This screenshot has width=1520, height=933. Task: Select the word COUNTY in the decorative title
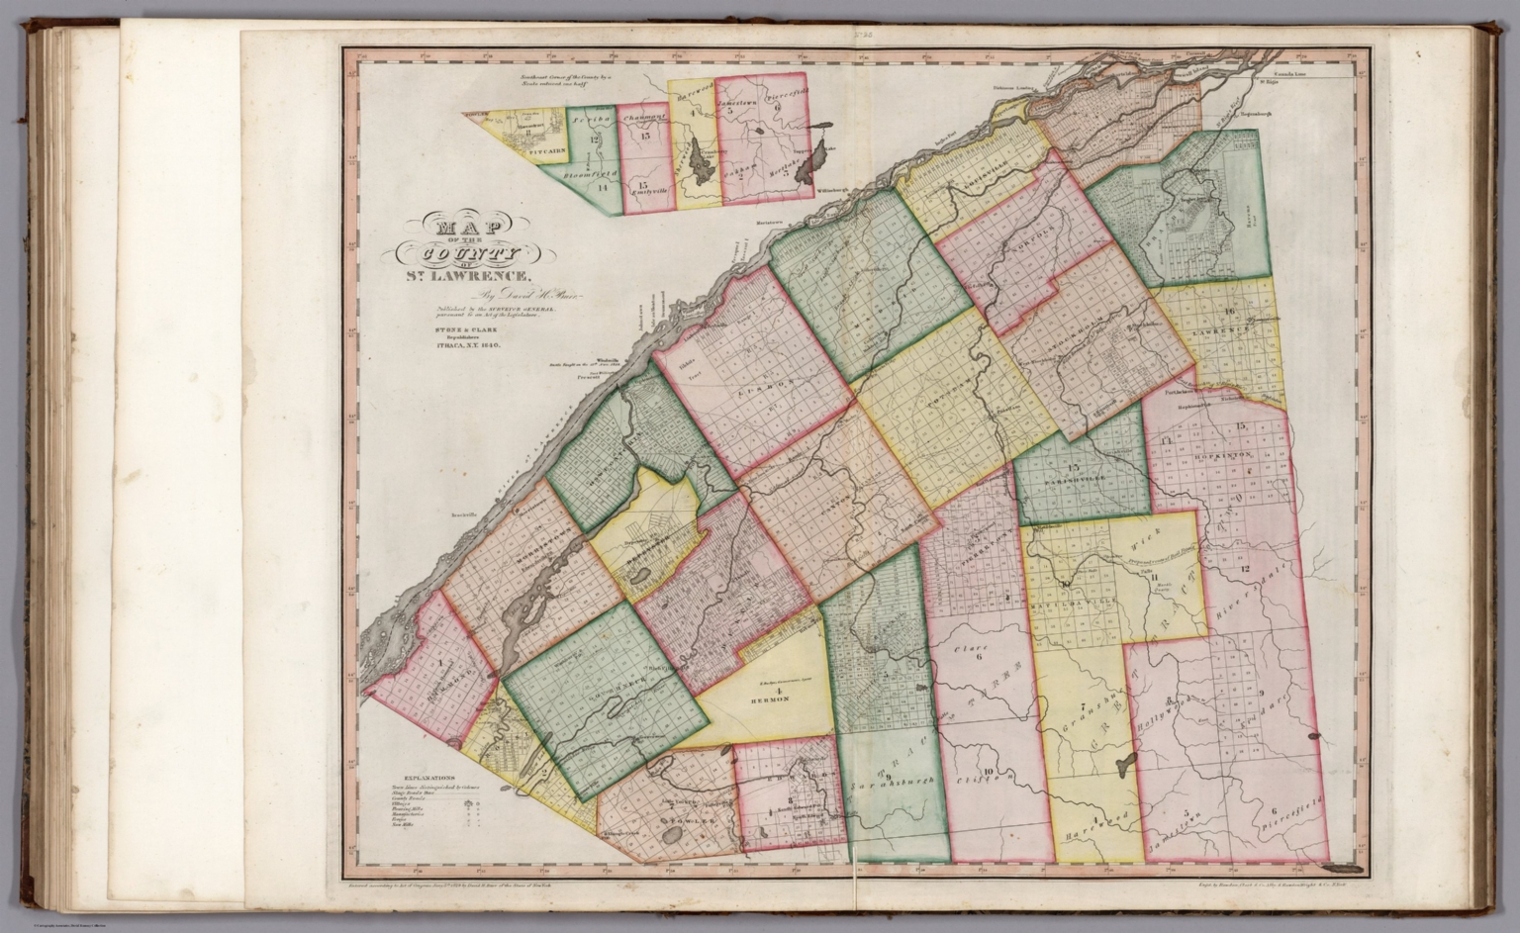tap(464, 254)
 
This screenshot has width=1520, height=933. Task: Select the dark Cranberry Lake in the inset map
tap(704, 155)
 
